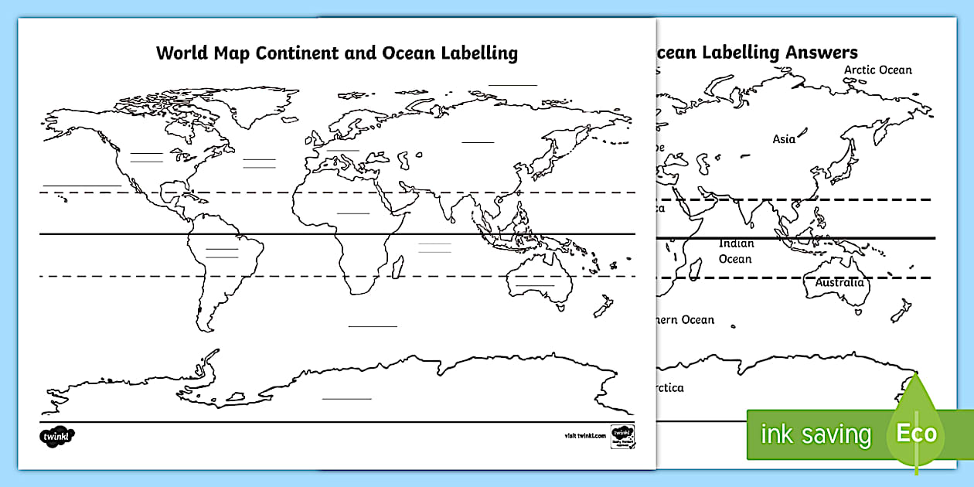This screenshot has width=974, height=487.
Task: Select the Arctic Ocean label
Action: [877, 70]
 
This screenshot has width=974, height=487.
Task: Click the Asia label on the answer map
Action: [784, 139]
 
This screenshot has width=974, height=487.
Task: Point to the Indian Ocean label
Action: [735, 251]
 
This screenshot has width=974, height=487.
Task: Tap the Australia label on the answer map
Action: [839, 283]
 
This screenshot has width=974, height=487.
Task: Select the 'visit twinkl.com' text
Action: [584, 436]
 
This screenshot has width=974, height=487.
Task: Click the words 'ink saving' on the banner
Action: [816, 434]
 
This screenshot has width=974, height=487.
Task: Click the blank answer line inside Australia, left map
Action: [535, 285]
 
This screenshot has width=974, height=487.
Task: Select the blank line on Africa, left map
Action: [353, 213]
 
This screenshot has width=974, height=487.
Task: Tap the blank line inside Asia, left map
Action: [478, 142]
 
